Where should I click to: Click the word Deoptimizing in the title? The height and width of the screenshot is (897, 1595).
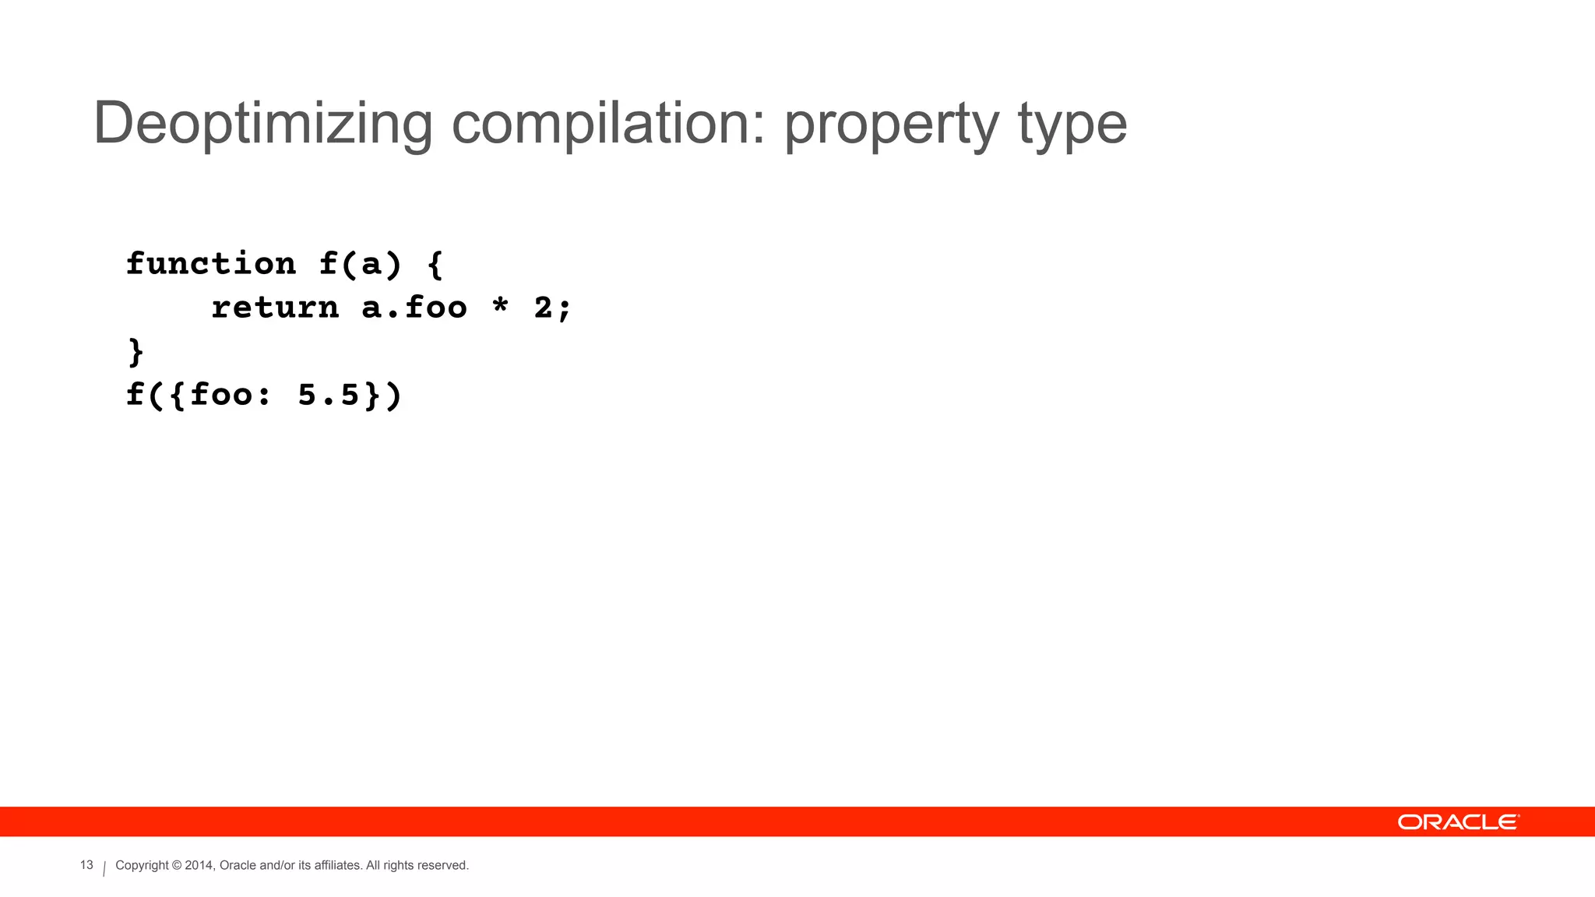pos(262,124)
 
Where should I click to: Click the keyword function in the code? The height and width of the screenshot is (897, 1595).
pos(211,264)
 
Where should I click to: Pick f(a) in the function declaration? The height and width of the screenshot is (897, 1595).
pos(361,264)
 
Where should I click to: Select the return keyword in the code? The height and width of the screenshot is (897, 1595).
pos(275,308)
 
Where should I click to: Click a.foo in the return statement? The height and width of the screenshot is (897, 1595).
pos(414,308)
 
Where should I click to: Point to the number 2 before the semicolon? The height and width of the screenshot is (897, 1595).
pos(543,308)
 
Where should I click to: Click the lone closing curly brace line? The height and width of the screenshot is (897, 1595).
pos(136,352)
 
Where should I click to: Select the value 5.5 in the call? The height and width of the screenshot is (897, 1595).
pos(329,395)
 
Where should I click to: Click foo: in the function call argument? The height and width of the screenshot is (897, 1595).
pos(231,395)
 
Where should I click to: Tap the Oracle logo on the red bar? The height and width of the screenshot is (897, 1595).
pos(1458,822)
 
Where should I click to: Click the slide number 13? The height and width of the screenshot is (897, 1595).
pos(86,865)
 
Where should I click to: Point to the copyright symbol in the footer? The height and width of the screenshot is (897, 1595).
pos(177,865)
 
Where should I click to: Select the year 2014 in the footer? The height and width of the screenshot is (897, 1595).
pos(199,865)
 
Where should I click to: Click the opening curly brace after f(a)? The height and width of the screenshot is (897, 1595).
pos(435,266)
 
